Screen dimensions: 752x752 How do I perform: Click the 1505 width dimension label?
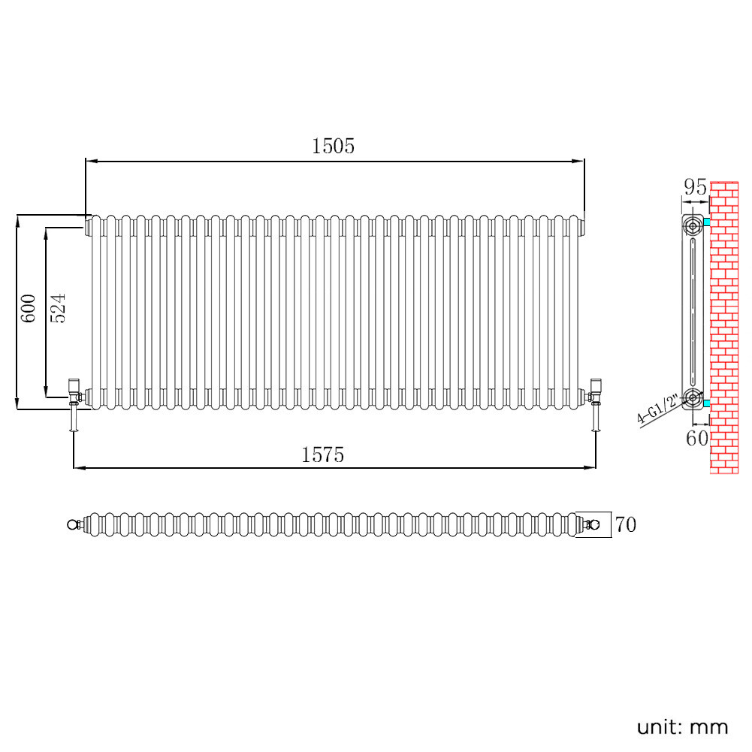tap(333, 146)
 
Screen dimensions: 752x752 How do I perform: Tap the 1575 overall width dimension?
tap(322, 455)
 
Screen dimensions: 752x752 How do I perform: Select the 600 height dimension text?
tap(29, 308)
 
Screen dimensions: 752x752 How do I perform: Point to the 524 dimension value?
tap(59, 308)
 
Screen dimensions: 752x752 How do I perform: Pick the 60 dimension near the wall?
tap(697, 438)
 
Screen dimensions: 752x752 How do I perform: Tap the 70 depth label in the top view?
tap(626, 524)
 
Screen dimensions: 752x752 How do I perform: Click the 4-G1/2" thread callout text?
tap(658, 410)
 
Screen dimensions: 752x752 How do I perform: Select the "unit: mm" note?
tap(682, 726)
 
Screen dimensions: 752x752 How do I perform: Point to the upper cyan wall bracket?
tap(706, 222)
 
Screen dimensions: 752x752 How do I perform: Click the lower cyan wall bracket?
tap(706, 403)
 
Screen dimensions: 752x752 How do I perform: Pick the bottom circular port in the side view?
tap(692, 398)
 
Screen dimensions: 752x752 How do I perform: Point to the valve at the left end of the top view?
tap(74, 524)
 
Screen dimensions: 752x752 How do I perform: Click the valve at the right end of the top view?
tap(593, 524)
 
